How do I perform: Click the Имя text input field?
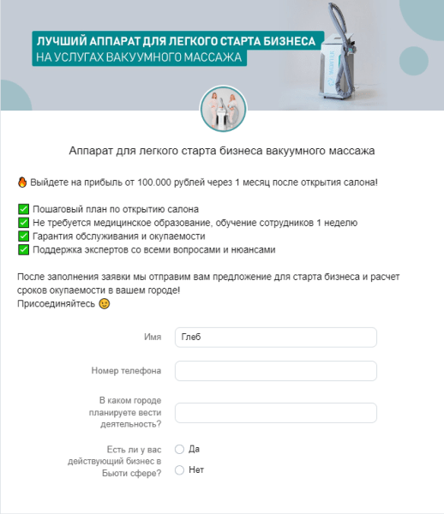click(274, 338)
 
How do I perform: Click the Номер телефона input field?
click(274, 371)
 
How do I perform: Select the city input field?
click(274, 412)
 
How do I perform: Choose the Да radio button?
click(179, 449)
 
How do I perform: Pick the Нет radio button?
click(179, 469)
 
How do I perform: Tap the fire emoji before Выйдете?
click(22, 182)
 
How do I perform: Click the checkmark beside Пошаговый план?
click(23, 209)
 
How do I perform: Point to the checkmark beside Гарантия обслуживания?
click(23, 236)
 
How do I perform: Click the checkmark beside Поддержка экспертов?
click(23, 250)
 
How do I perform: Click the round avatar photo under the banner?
click(222, 105)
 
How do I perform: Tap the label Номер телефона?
click(126, 371)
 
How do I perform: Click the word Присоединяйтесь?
click(57, 304)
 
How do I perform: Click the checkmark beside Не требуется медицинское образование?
click(23, 223)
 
